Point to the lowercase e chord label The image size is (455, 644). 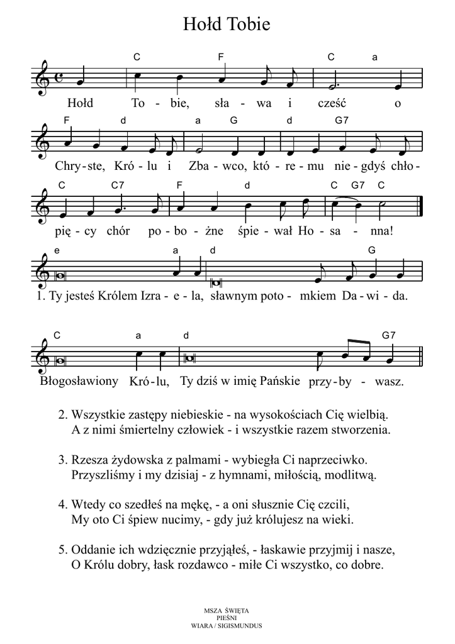[57, 250]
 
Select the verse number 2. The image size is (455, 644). [62, 415]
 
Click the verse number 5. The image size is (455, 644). [62, 550]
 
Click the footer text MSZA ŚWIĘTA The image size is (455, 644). [227, 611]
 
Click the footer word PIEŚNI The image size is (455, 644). [227, 618]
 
